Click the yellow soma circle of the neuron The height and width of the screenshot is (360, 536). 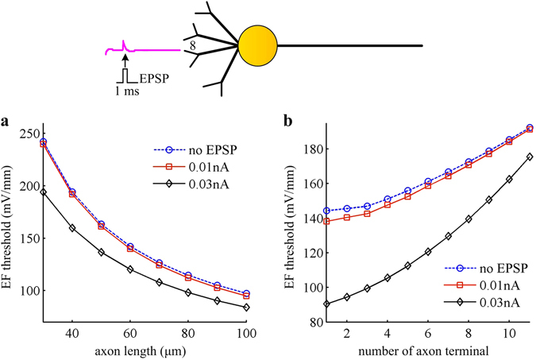point(256,45)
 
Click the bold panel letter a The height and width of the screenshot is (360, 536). point(6,122)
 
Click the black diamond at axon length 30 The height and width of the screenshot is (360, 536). point(44,192)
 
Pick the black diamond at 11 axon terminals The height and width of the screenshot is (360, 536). point(530,157)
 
